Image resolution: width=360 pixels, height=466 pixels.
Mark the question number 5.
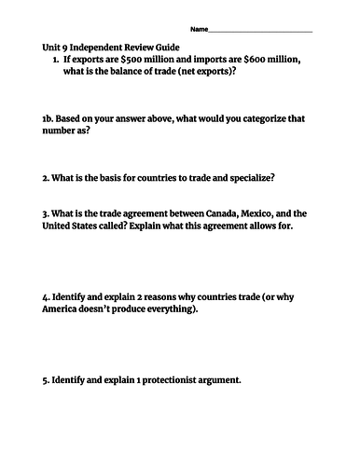pos(46,381)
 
